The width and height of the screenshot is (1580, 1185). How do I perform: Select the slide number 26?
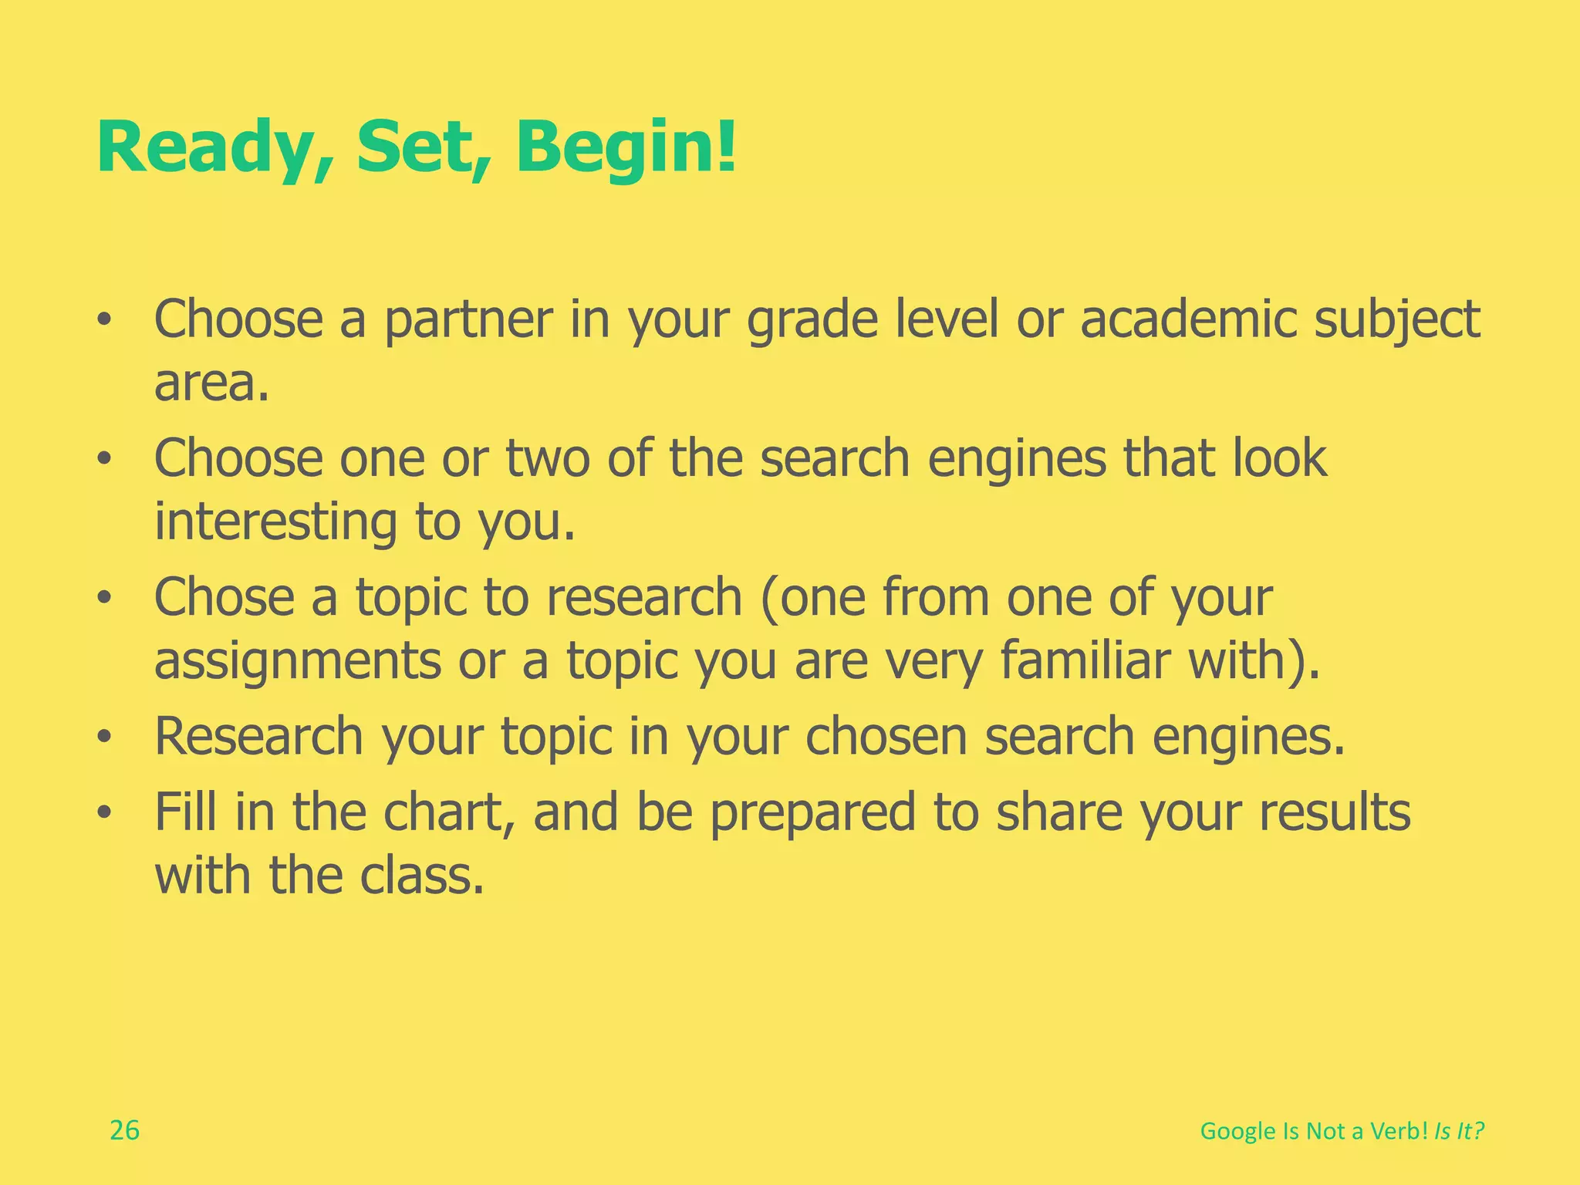click(x=124, y=1130)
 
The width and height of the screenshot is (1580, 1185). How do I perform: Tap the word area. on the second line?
click(x=211, y=383)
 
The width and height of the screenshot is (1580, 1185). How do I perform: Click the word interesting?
click(x=276, y=522)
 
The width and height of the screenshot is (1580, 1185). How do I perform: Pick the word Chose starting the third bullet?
click(x=225, y=597)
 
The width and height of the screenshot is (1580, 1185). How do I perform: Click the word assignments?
click(x=298, y=661)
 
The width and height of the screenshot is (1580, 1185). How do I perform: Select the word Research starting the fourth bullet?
click(x=258, y=737)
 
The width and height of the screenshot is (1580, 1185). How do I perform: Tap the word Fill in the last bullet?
click(x=186, y=812)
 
